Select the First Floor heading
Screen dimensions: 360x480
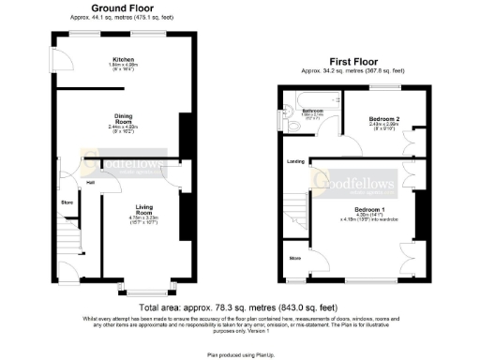(x=353, y=64)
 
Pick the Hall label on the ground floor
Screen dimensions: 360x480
(x=91, y=182)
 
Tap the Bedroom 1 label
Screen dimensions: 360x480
(x=368, y=209)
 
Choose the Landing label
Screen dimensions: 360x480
(x=293, y=160)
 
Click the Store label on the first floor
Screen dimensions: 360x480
(x=294, y=256)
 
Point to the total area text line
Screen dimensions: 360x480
(x=238, y=307)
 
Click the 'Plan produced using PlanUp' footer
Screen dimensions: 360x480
(x=238, y=355)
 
